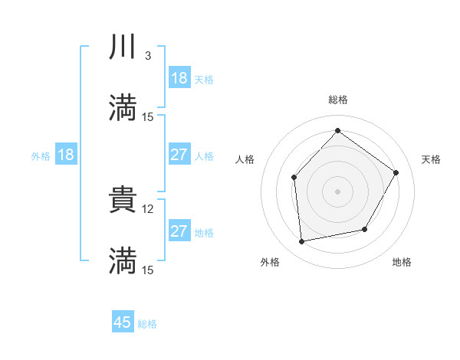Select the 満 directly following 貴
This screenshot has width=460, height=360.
[x=123, y=260]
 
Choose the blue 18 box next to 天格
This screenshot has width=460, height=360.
[x=179, y=78]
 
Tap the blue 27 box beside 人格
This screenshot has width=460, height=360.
[x=179, y=155]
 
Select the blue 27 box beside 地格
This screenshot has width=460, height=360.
[x=179, y=231]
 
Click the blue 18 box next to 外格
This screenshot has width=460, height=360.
[x=66, y=155]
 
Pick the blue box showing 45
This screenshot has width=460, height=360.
[x=123, y=322]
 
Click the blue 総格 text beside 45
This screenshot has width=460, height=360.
[x=147, y=324]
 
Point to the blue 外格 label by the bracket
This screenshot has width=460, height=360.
[x=41, y=155]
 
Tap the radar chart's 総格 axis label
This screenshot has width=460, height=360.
[x=337, y=100]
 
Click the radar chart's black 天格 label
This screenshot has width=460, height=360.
[x=431, y=159]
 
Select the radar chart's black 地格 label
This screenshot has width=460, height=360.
[x=402, y=263]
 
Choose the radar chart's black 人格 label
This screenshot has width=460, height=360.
[x=245, y=159]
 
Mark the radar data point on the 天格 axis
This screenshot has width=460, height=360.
[x=396, y=172]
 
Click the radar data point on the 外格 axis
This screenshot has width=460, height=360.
[x=302, y=241]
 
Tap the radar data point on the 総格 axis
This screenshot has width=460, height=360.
[x=337, y=130]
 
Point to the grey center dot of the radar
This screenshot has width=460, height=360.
[x=337, y=191]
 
